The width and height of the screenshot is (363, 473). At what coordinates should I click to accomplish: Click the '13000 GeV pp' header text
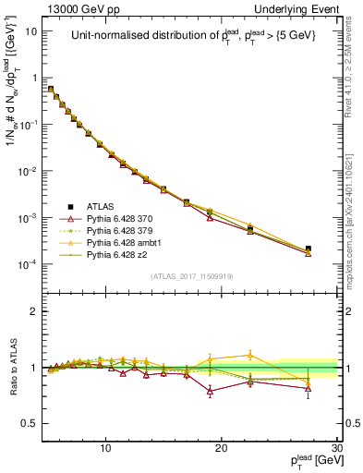point(79,7)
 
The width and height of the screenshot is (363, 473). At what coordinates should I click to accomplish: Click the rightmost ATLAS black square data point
point(309,249)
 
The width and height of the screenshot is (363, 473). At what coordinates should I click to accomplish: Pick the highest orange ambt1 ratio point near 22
point(250,355)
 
